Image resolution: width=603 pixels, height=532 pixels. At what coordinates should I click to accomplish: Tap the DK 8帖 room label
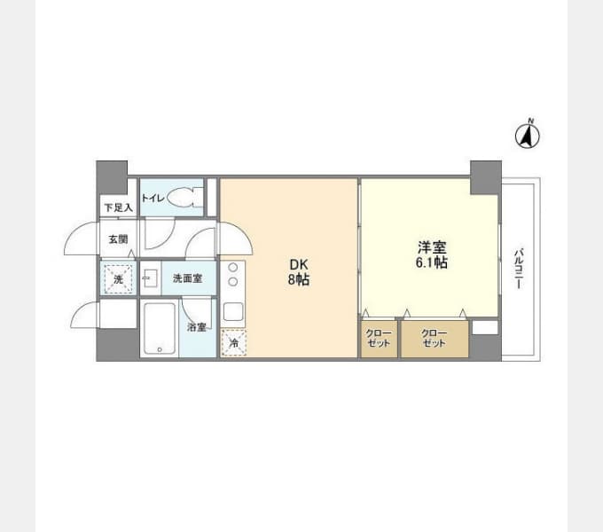299,272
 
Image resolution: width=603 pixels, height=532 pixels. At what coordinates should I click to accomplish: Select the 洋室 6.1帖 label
432,254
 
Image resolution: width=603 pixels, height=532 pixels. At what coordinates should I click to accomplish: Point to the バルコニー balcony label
519,269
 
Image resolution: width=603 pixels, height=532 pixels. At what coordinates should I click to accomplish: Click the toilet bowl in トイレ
185,197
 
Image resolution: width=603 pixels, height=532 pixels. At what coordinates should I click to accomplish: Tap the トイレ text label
153,199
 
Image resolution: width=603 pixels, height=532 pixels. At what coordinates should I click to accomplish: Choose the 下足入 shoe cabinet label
119,208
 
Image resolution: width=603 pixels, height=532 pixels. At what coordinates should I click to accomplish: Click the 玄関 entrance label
118,239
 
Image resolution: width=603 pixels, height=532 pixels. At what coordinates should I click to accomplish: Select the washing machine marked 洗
118,278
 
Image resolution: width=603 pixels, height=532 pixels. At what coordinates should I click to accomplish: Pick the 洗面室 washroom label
188,278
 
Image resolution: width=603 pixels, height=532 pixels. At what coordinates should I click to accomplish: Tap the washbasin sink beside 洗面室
150,278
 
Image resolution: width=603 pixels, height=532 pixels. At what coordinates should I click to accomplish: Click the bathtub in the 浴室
160,329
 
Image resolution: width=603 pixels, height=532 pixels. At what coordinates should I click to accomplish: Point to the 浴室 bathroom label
197,327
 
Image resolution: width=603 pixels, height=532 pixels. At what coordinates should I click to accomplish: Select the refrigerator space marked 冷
234,342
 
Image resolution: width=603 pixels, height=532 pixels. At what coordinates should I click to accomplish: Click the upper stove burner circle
232,268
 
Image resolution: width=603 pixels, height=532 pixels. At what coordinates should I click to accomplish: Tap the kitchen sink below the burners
233,311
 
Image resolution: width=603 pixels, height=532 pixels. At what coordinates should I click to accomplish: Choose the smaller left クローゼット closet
380,339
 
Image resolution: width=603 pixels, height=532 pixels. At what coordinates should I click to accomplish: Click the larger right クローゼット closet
435,339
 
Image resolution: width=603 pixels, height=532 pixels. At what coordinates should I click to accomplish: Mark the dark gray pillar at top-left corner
112,177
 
